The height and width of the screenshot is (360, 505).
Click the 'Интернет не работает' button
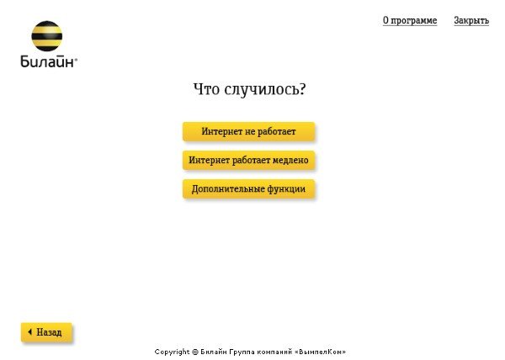[248, 131]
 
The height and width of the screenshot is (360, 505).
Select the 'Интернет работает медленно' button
[248, 160]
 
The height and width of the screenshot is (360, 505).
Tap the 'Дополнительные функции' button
[248, 188]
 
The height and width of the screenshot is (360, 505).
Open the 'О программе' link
[410, 20]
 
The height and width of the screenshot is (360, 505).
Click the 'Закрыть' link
[471, 20]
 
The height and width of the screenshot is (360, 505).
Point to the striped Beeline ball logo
[46, 36]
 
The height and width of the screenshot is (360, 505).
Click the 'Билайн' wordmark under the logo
[48, 61]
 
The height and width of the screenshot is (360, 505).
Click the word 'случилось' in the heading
[261, 89]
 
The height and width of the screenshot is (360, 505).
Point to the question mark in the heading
[302, 89]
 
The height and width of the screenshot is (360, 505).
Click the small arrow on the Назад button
[30, 331]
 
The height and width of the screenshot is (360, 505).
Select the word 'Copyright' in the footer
[172, 352]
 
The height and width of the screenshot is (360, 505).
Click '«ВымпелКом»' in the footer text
[320, 352]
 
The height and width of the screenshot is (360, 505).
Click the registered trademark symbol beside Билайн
[76, 59]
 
